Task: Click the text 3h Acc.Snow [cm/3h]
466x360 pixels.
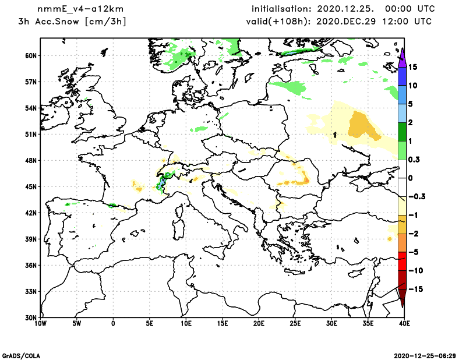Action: tap(72, 22)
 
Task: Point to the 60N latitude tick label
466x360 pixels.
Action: tap(31, 56)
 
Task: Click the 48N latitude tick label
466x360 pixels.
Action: tap(31, 160)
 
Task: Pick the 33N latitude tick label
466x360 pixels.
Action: tap(31, 291)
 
